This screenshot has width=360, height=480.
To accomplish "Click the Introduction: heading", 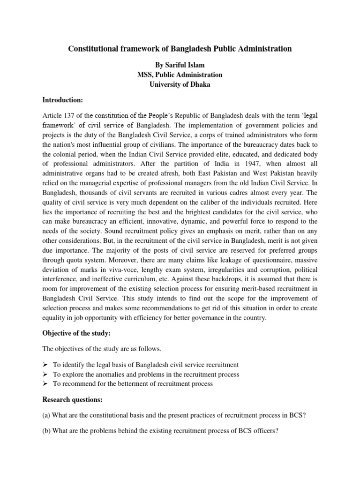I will [63, 100].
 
